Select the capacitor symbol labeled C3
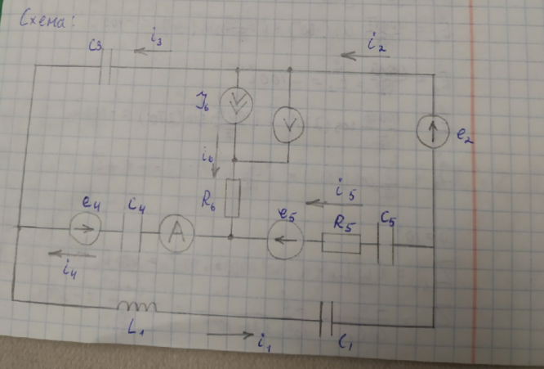click(105, 71)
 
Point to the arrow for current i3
click(153, 52)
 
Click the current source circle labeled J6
click(238, 104)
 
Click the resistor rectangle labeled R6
click(232, 199)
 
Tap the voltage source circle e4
click(82, 230)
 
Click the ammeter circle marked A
click(173, 236)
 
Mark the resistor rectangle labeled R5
click(341, 243)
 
